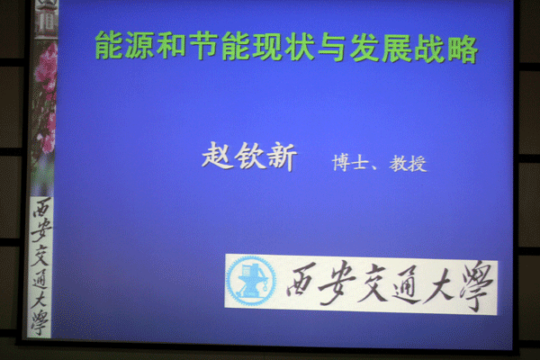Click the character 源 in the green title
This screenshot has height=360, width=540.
point(139,45)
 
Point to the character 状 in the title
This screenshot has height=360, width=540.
point(300,47)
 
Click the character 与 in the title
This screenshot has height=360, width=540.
point(331,48)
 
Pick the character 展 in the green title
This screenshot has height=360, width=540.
point(396,49)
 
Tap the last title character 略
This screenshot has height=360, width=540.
point(463,50)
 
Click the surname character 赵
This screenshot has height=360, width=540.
point(218,156)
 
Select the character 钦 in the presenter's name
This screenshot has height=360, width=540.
point(250,157)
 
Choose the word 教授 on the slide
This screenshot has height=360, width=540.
point(408,164)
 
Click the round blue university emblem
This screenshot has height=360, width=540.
point(251,281)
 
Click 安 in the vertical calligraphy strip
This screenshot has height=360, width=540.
point(41,230)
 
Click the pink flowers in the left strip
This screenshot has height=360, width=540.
point(46,96)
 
